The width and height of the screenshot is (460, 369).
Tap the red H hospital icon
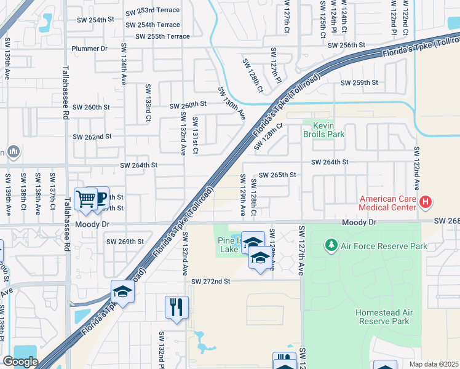point(425,202)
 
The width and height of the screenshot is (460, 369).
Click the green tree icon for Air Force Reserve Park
point(331,246)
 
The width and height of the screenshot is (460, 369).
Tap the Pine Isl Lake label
point(228,245)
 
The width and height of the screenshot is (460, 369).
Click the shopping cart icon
point(85,199)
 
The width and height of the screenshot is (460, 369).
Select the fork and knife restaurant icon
point(176,306)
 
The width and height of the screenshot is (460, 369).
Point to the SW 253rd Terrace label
point(153,11)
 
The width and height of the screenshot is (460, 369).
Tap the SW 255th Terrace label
point(162,36)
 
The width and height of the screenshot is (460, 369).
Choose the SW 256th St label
point(346,46)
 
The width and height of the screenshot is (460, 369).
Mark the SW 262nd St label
point(92,137)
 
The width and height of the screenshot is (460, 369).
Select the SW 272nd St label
point(210,281)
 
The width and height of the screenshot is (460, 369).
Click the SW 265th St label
point(277,175)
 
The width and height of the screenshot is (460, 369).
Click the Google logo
point(20,362)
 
